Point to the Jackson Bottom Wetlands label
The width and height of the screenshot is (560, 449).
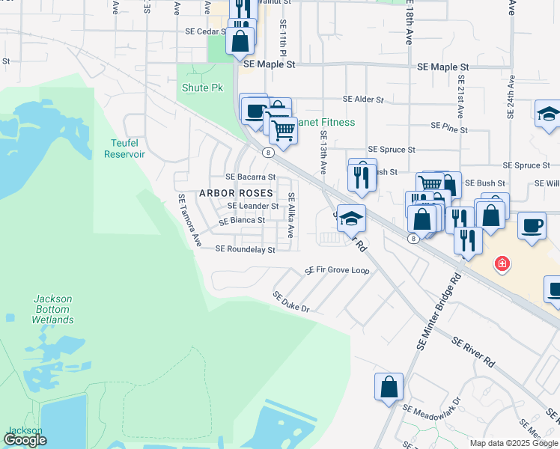(x=53, y=309)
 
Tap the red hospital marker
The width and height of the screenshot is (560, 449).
(x=502, y=263)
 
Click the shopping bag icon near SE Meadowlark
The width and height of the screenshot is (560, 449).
(x=389, y=387)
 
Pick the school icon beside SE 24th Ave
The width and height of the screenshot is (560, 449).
(x=548, y=114)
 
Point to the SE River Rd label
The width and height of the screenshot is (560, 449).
(x=473, y=352)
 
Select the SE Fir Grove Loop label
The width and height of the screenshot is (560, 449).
(x=337, y=270)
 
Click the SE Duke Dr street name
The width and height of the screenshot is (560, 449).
(x=291, y=302)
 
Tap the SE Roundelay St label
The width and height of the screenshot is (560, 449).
(x=245, y=249)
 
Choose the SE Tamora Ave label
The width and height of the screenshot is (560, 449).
(x=189, y=221)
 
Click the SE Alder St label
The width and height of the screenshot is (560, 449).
(x=363, y=99)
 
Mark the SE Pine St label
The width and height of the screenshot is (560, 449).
(x=449, y=129)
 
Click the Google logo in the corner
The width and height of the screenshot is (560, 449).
(x=25, y=440)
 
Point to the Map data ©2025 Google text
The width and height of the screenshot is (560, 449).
(x=513, y=443)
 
